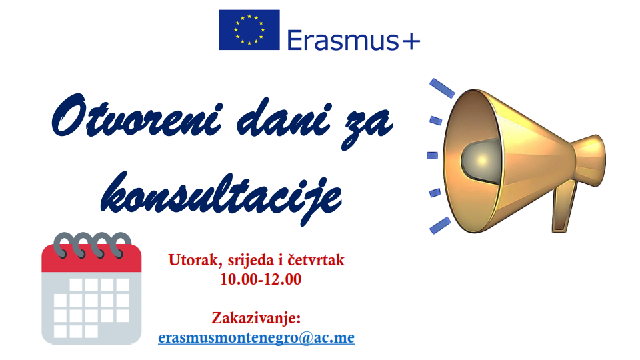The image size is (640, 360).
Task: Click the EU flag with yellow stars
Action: coord(249,30)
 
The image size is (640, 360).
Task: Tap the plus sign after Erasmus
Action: coord(410,41)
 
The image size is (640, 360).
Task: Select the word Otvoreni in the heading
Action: coord(137,116)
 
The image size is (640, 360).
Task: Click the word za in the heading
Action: coord(367,127)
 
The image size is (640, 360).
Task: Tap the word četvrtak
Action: coord(316,260)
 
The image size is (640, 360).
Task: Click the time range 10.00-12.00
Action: coord(261,279)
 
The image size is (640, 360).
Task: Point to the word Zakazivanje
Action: coord(256,319)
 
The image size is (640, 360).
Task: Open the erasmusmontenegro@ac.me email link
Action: coord(256,337)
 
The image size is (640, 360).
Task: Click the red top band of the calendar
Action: coord(91,259)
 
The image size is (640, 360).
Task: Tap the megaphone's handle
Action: coord(565,208)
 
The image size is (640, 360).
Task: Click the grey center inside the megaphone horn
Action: coord(481,159)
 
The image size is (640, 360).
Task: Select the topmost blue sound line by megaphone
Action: coord(442,88)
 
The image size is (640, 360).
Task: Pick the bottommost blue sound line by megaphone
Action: coord(441,226)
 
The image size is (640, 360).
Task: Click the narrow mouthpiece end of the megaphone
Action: coord(591,161)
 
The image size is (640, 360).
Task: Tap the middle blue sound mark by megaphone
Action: coord(432,155)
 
